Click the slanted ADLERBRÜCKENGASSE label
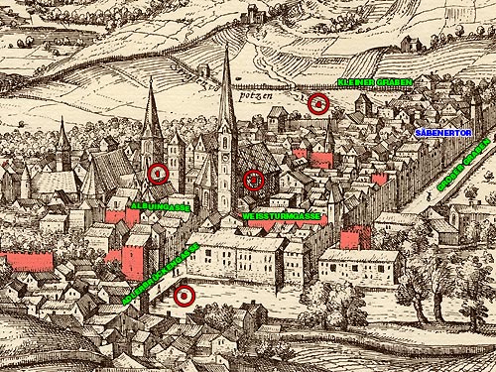tap(161, 273)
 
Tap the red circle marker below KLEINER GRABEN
tap(318, 103)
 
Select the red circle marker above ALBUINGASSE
tap(157, 174)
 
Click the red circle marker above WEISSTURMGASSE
tap(254, 181)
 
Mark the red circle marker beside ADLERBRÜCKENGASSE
tap(183, 296)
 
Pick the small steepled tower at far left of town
tap(63, 139)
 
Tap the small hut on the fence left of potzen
tap(204, 71)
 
